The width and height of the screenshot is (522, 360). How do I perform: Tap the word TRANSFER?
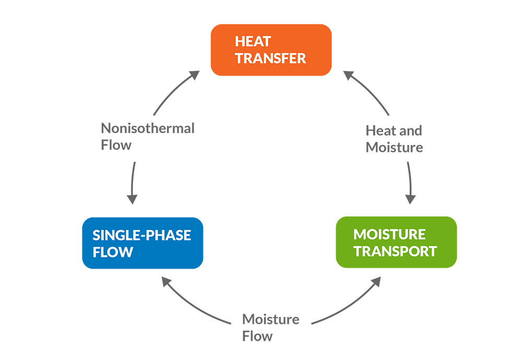(270, 58)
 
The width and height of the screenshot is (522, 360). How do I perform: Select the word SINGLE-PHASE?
(141, 235)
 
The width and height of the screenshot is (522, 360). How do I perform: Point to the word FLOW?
(113, 253)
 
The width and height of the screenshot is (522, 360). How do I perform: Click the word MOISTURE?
(389, 234)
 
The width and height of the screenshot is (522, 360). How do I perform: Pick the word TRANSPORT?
(395, 251)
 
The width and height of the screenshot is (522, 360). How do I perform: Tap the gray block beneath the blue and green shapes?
(271, 313)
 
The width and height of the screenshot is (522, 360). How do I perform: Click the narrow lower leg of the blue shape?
(113, 313)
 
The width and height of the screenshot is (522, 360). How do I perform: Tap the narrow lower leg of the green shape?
(428, 313)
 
